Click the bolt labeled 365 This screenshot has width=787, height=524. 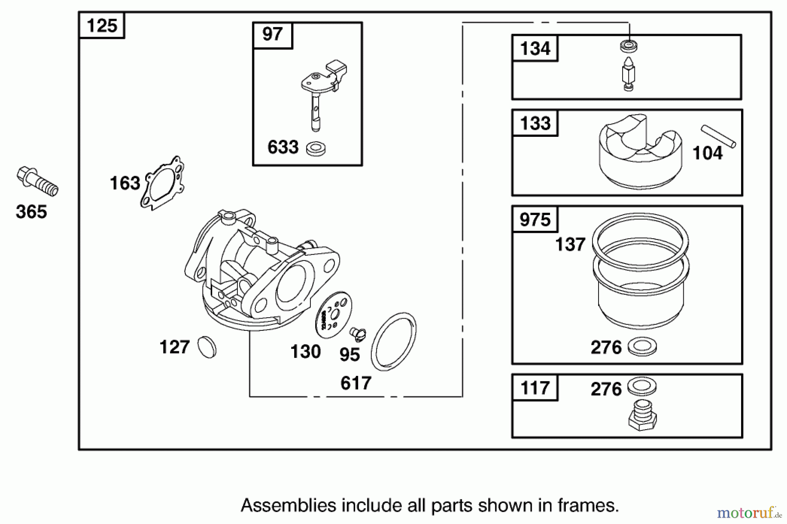tap(37, 182)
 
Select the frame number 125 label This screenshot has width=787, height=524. tap(102, 26)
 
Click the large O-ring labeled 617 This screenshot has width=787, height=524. tap(393, 341)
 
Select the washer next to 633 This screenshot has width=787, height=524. tap(316, 149)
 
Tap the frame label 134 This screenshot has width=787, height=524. tap(535, 49)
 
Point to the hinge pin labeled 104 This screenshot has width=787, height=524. tap(718, 136)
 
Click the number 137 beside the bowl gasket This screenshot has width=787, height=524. tap(570, 244)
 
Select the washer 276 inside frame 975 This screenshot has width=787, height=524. tap(642, 347)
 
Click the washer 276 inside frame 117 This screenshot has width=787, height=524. tap(642, 386)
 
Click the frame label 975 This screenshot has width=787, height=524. tap(535, 219)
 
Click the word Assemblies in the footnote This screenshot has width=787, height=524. tap(289, 506)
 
